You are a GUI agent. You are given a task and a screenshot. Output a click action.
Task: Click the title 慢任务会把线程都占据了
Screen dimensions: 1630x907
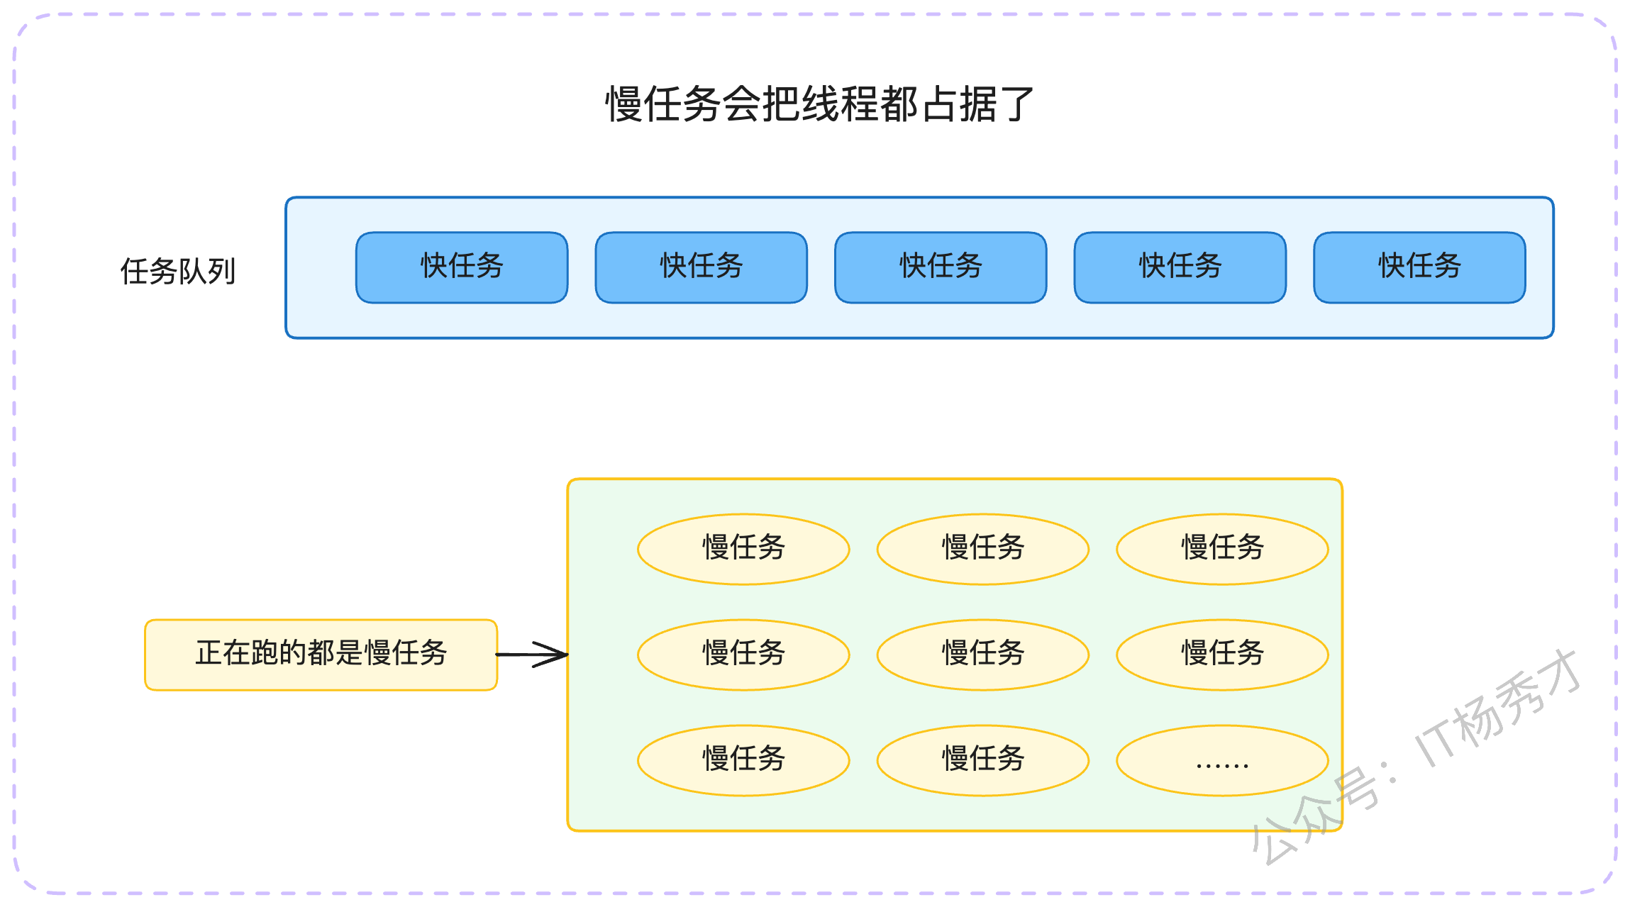tap(819, 104)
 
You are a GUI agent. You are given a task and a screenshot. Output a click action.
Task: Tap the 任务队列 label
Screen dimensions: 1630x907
tap(178, 271)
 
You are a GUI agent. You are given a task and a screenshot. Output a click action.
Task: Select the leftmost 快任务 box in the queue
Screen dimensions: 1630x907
tap(462, 267)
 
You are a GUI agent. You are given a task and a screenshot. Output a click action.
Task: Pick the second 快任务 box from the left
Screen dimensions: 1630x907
tap(702, 267)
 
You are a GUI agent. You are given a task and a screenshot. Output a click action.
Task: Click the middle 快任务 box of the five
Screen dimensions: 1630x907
tap(941, 267)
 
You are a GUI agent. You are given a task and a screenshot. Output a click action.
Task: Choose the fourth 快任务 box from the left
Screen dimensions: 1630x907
tap(1180, 267)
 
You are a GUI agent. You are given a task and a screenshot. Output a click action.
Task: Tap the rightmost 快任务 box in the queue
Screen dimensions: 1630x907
tap(1419, 267)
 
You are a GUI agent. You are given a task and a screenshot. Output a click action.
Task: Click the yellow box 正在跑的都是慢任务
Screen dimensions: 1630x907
tap(321, 655)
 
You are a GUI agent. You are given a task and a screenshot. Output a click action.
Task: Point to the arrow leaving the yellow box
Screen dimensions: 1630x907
tap(532, 655)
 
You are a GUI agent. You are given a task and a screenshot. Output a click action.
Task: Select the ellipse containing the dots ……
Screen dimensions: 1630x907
tap(1222, 760)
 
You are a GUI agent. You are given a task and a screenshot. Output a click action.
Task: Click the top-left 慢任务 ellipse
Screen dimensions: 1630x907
tap(743, 549)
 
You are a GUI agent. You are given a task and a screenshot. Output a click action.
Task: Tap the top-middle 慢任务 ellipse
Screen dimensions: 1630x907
tap(983, 549)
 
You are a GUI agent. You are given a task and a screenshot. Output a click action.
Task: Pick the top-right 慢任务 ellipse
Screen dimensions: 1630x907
tap(1222, 549)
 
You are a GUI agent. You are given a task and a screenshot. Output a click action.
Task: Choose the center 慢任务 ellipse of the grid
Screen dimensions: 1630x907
tap(983, 655)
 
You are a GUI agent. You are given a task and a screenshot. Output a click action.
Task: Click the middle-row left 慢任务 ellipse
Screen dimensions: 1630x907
tap(743, 655)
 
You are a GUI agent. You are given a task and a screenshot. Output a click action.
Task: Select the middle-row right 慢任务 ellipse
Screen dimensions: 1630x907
tap(1222, 655)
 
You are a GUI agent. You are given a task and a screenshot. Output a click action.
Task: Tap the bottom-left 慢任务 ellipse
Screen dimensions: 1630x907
tap(743, 760)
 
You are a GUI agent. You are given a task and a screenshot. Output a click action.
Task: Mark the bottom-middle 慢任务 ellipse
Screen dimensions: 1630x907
tap(983, 760)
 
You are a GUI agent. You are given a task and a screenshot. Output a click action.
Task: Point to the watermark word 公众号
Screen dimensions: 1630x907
tap(1316, 816)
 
